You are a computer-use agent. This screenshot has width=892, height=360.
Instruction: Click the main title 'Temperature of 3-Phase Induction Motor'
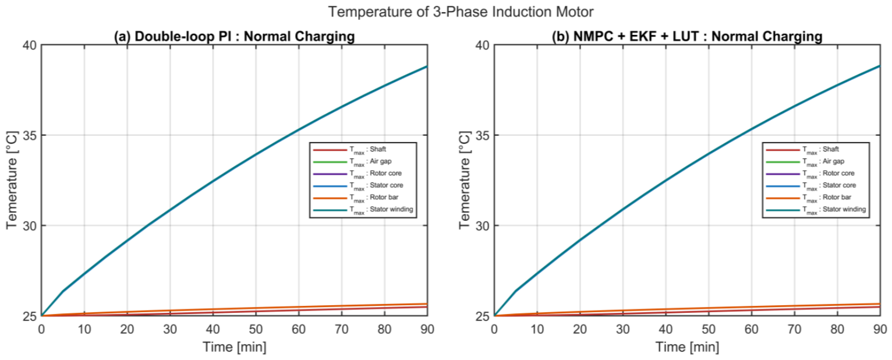click(x=461, y=12)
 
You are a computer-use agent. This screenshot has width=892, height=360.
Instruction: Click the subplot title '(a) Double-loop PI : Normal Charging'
click(x=235, y=36)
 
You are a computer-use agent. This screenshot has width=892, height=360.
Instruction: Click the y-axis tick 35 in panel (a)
click(x=29, y=135)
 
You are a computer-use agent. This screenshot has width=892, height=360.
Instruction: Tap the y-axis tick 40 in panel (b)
click(x=482, y=45)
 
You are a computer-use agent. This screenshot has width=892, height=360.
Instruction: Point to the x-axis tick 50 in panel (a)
click(x=256, y=329)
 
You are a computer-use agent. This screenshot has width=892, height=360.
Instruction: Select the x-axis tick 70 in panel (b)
click(x=794, y=329)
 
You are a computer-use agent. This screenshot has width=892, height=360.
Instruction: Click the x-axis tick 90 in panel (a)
click(x=427, y=329)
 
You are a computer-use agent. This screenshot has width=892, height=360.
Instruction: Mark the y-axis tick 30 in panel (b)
click(x=482, y=226)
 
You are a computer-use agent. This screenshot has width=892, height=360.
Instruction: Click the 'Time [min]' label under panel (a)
click(x=235, y=347)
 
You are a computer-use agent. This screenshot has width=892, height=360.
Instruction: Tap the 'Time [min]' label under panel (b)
click(x=687, y=347)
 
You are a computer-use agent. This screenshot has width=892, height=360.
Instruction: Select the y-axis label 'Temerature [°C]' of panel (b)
click(x=464, y=180)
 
